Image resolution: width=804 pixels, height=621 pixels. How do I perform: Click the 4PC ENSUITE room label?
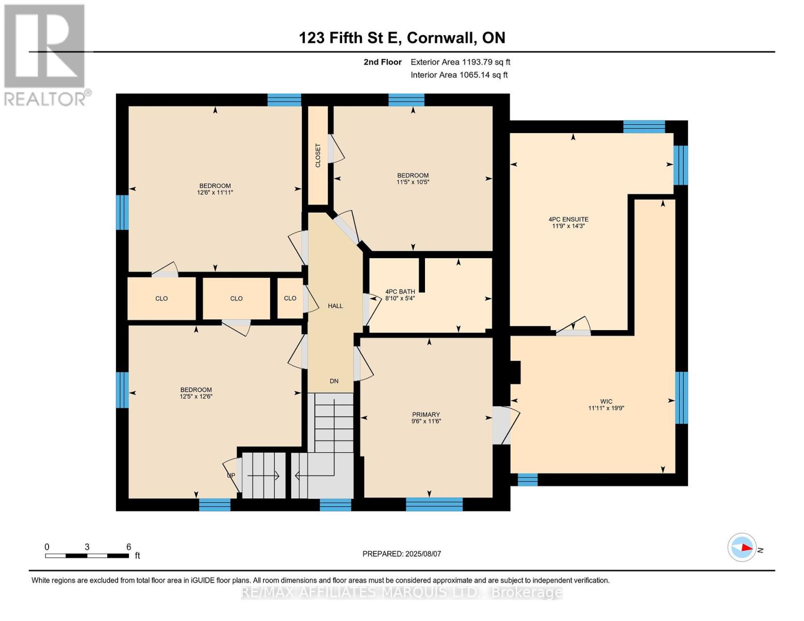568,219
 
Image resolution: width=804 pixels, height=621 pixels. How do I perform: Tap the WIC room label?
606,401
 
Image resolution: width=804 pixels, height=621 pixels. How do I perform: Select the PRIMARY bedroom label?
426,415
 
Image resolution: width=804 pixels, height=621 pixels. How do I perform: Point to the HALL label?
335,306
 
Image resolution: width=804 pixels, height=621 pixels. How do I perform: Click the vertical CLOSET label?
318,155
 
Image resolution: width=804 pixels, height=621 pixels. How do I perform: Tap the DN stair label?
334,381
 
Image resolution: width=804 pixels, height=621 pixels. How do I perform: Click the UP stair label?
231,475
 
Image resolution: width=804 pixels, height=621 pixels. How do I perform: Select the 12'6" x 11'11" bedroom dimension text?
215,193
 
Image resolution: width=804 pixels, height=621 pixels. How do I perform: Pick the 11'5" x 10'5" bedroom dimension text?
413,182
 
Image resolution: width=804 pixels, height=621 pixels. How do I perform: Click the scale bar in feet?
87,555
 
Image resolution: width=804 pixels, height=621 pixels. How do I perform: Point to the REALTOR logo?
45,54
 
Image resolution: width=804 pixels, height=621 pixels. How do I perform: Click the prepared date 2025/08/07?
401,554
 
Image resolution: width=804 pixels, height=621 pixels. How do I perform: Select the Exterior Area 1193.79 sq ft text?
460,62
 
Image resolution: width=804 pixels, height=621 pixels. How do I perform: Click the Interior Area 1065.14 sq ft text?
459,75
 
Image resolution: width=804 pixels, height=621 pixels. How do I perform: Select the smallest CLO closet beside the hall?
290,299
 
